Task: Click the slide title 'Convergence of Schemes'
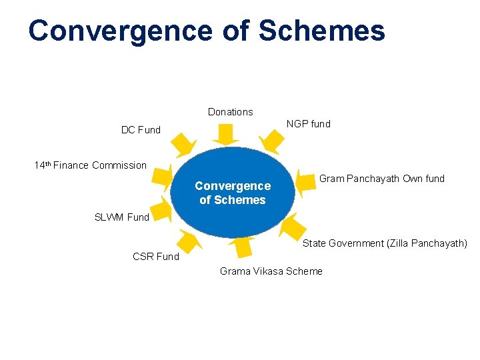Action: (x=207, y=31)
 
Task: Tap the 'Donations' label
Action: (x=230, y=112)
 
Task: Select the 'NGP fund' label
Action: (x=308, y=124)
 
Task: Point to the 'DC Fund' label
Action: (x=141, y=130)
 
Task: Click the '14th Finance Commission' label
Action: (x=90, y=165)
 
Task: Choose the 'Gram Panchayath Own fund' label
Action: (x=381, y=179)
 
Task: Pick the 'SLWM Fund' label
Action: (x=122, y=217)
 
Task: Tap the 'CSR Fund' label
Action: (x=156, y=257)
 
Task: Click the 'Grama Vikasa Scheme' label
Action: (x=271, y=271)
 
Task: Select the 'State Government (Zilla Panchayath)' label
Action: (x=385, y=243)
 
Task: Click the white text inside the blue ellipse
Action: (x=232, y=193)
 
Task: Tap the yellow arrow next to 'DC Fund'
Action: (x=183, y=144)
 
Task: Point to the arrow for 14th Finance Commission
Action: (x=161, y=176)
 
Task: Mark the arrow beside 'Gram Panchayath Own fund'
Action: (x=306, y=183)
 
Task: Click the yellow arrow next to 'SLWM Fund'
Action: (x=162, y=209)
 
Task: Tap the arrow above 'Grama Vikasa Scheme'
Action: (x=243, y=247)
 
